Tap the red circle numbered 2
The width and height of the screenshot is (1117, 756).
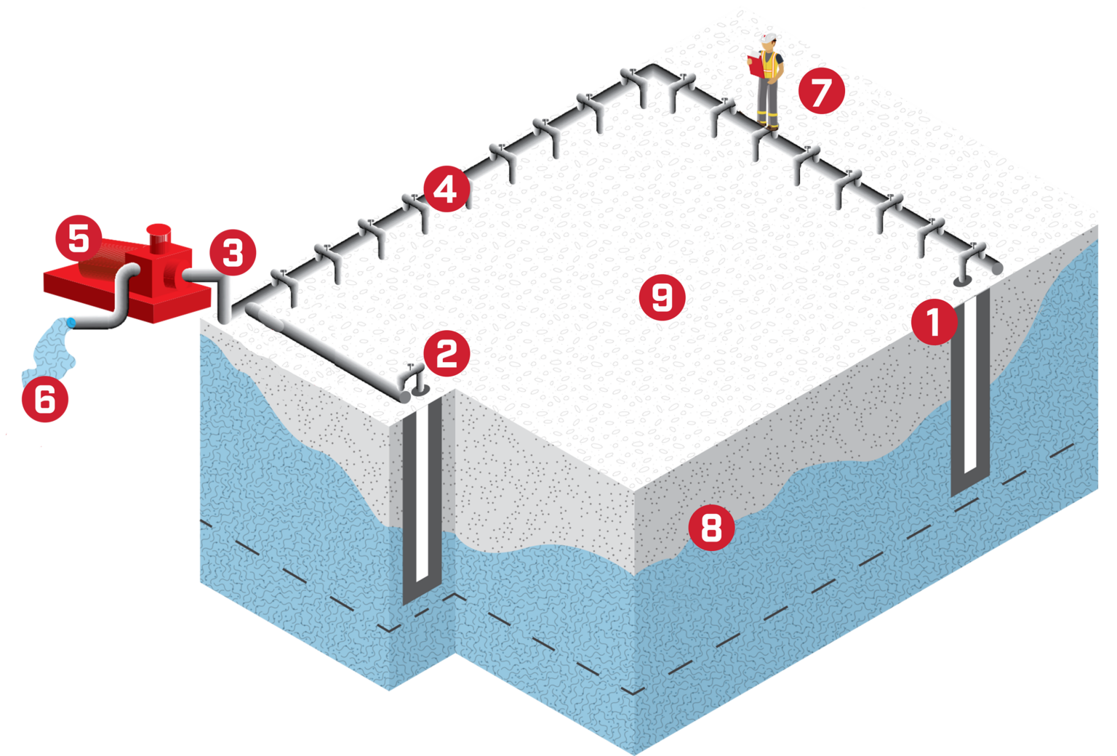click(447, 353)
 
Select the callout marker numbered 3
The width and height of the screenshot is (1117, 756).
click(233, 252)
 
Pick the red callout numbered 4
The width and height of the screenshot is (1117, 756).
click(445, 189)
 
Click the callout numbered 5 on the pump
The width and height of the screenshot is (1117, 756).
click(79, 238)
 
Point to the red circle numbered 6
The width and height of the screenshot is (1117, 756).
click(45, 398)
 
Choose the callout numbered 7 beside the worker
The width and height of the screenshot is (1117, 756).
click(821, 92)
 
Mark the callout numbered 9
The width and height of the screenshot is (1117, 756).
click(662, 297)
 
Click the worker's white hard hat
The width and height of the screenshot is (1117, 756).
click(768, 39)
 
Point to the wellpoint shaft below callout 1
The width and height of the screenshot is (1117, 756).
click(970, 393)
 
